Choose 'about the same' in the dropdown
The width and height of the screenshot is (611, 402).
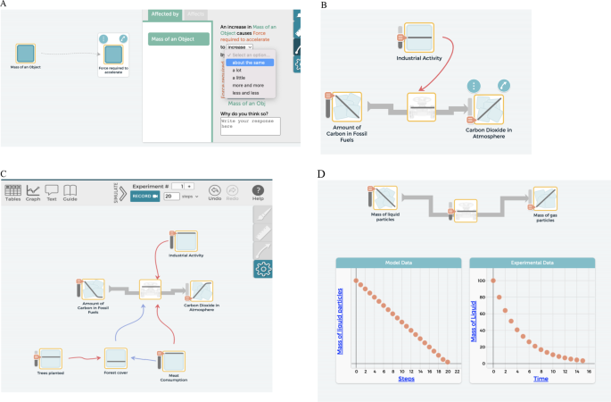(249, 63)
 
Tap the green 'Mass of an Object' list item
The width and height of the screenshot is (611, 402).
(178, 39)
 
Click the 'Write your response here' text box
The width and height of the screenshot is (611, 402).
(250, 126)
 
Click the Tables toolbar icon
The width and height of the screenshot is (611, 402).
(13, 191)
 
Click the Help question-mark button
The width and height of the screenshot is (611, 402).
(258, 191)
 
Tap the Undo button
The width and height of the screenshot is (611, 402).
(215, 191)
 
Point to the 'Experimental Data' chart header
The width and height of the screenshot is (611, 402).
(530, 263)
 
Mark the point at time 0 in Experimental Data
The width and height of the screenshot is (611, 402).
(493, 281)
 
